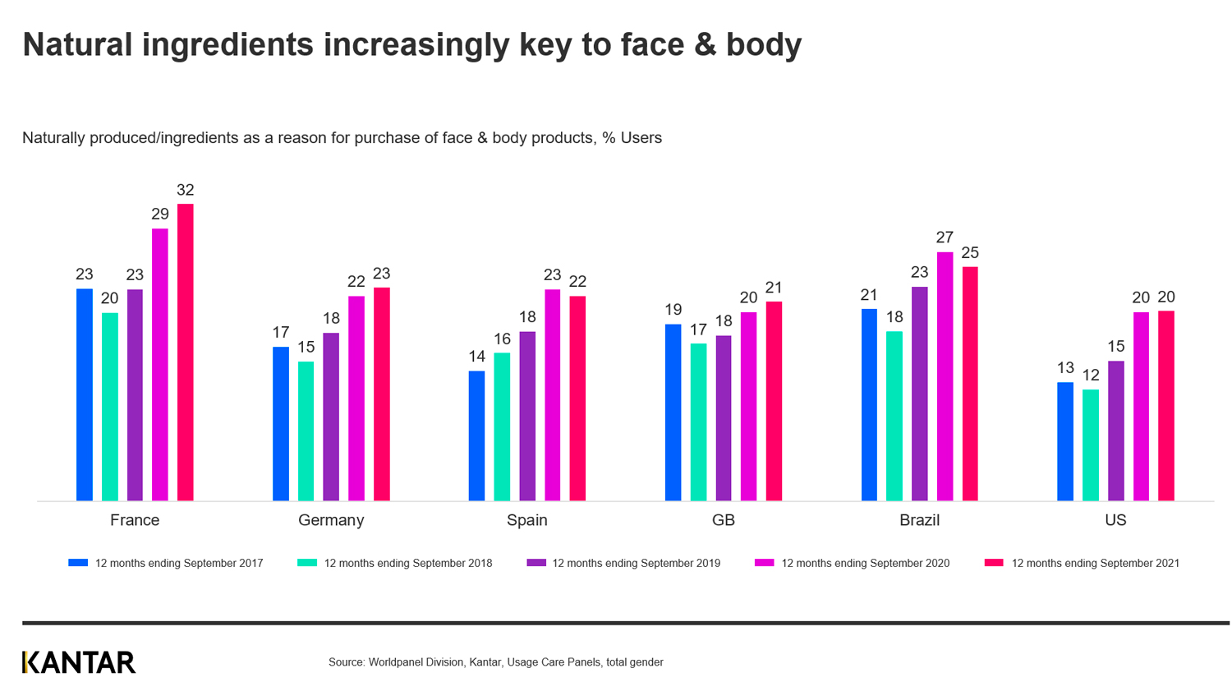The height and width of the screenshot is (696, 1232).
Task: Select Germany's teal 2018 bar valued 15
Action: click(306, 431)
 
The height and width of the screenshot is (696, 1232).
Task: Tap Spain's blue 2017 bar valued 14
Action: click(476, 436)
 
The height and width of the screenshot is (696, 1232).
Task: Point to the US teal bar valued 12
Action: click(1090, 445)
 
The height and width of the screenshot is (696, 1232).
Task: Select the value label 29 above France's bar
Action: click(160, 214)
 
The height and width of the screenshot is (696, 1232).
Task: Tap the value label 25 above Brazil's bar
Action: click(970, 252)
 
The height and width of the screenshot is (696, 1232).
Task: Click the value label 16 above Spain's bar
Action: click(502, 339)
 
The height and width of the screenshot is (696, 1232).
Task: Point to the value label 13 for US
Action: click(1065, 368)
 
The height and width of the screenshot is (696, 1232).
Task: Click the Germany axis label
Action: click(331, 520)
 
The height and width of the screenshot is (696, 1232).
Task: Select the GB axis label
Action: click(723, 520)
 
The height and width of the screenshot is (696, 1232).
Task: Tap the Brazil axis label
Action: click(919, 520)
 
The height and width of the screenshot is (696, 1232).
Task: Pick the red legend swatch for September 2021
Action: click(994, 563)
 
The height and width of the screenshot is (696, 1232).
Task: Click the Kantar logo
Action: click(79, 662)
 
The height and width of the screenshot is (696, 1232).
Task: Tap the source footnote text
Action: click(495, 662)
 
